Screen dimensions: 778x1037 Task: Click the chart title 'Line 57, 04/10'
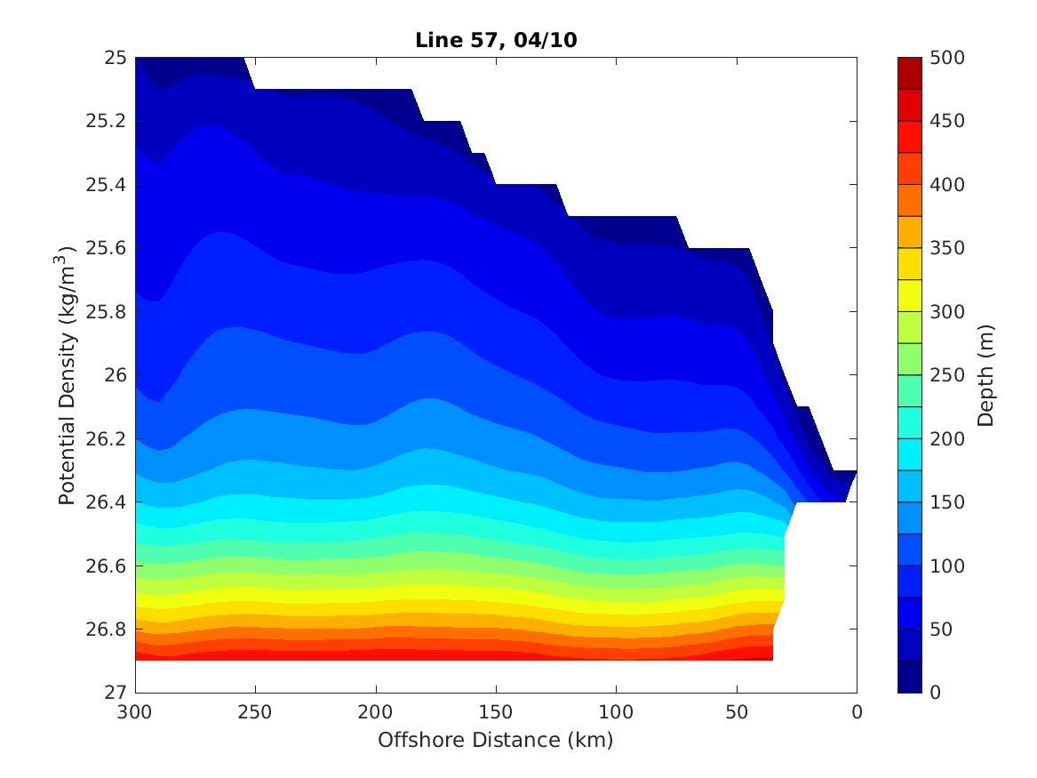(495, 40)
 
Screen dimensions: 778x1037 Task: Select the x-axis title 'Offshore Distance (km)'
(495, 740)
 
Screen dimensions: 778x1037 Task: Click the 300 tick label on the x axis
(135, 712)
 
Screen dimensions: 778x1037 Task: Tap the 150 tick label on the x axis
(496, 712)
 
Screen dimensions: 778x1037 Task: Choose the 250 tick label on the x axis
(255, 712)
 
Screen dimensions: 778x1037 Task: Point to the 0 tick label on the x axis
(857, 712)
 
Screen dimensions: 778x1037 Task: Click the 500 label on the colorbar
(947, 58)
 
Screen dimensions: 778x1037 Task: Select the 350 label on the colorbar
(947, 248)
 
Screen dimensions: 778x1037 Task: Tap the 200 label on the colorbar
(947, 439)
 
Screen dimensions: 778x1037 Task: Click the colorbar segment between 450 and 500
(910, 74)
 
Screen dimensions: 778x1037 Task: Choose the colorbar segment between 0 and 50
(910, 677)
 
